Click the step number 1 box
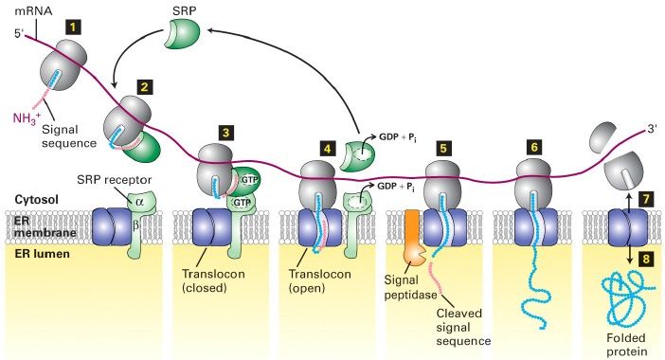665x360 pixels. click(x=74, y=28)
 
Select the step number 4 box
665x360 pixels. click(x=327, y=149)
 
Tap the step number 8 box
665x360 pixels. click(x=646, y=259)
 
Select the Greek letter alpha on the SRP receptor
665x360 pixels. click(x=139, y=202)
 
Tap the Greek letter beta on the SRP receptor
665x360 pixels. click(x=136, y=225)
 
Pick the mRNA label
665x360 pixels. click(x=33, y=11)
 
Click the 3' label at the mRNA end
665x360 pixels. click(x=652, y=129)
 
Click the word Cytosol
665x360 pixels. click(x=37, y=199)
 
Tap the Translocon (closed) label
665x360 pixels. click(x=213, y=280)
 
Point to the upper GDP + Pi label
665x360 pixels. click(x=397, y=137)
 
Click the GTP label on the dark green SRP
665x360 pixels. click(x=249, y=180)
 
